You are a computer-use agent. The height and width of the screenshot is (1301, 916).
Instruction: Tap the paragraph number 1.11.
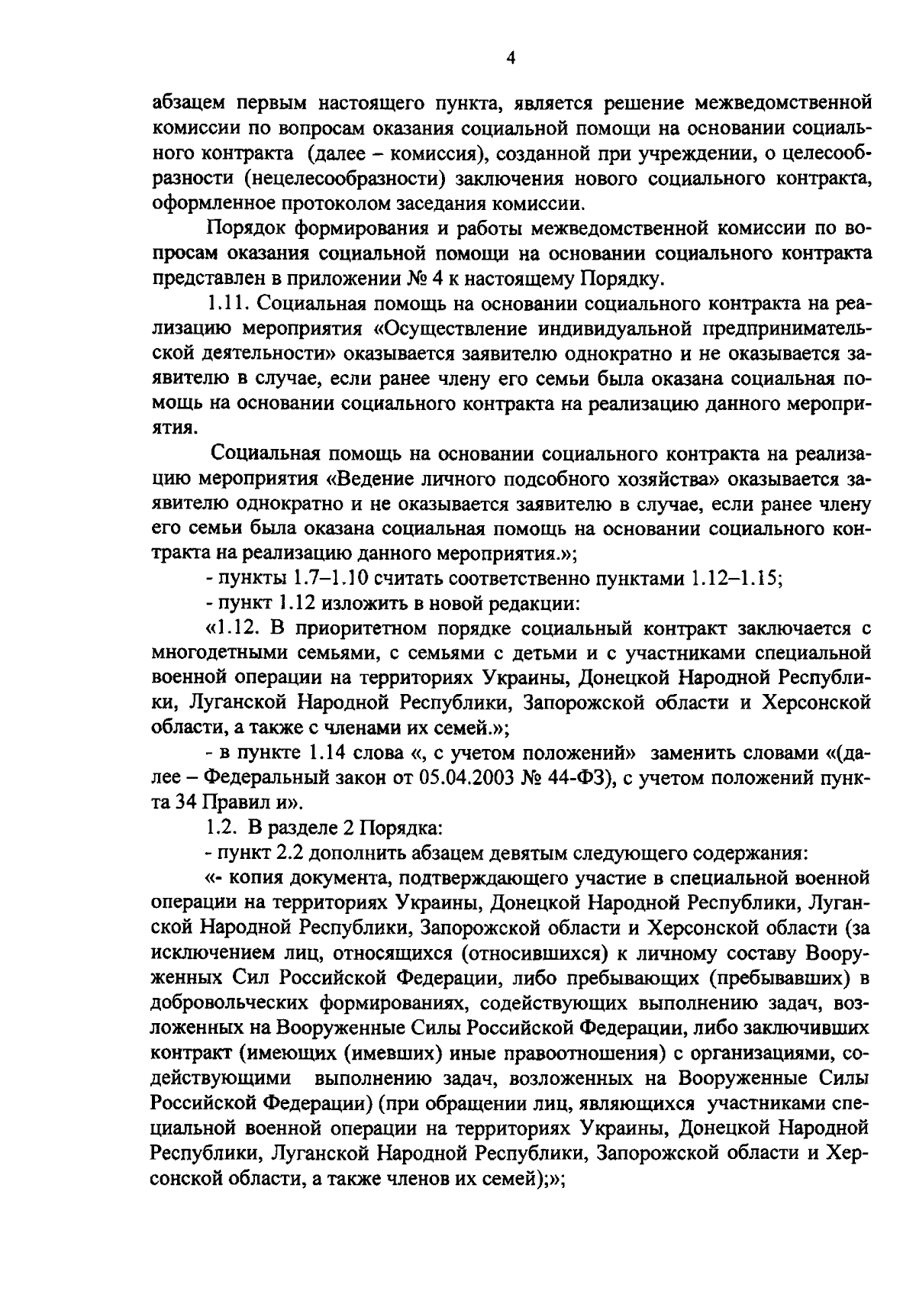(229, 304)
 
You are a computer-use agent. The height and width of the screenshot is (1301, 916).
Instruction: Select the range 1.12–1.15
(734, 579)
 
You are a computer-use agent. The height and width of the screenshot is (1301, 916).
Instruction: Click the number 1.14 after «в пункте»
(329, 754)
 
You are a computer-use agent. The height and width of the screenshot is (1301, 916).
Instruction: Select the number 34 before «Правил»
(189, 803)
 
